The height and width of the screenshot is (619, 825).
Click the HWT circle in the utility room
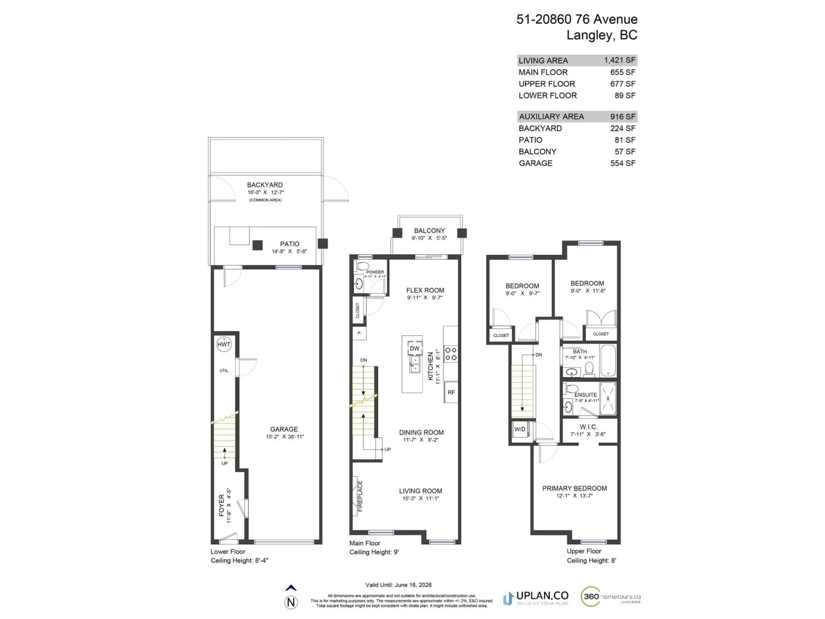[224, 344]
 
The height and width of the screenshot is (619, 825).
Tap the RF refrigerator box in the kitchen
[451, 392]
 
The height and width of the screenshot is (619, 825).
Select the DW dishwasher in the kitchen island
[414, 348]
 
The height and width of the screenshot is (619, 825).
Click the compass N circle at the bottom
[291, 602]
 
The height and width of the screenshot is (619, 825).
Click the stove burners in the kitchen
[451, 354]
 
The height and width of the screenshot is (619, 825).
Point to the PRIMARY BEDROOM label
[574, 488]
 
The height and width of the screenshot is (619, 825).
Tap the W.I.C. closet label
[588, 427]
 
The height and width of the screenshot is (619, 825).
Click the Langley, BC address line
[602, 35]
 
